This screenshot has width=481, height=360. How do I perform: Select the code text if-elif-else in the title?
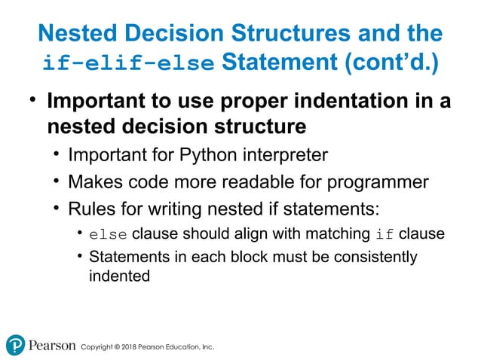(x=128, y=63)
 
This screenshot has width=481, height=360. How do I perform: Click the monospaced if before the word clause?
(x=384, y=234)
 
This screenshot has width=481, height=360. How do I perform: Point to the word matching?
(x=341, y=234)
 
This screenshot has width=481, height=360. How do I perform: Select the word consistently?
(x=378, y=257)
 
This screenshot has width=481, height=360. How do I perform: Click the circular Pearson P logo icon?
(x=15, y=345)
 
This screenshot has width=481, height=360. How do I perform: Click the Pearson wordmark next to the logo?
(x=52, y=346)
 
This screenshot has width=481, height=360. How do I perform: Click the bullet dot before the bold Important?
(x=32, y=101)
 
